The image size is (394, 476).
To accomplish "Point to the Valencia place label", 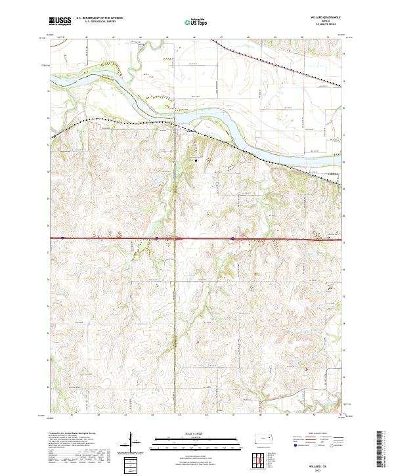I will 333,174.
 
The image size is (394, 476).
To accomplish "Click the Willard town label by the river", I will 190,129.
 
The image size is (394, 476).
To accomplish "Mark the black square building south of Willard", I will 194,158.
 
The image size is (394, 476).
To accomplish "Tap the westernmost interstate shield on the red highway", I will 62,238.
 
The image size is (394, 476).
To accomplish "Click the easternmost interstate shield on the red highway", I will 233,239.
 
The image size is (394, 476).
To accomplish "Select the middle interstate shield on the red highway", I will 158,238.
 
